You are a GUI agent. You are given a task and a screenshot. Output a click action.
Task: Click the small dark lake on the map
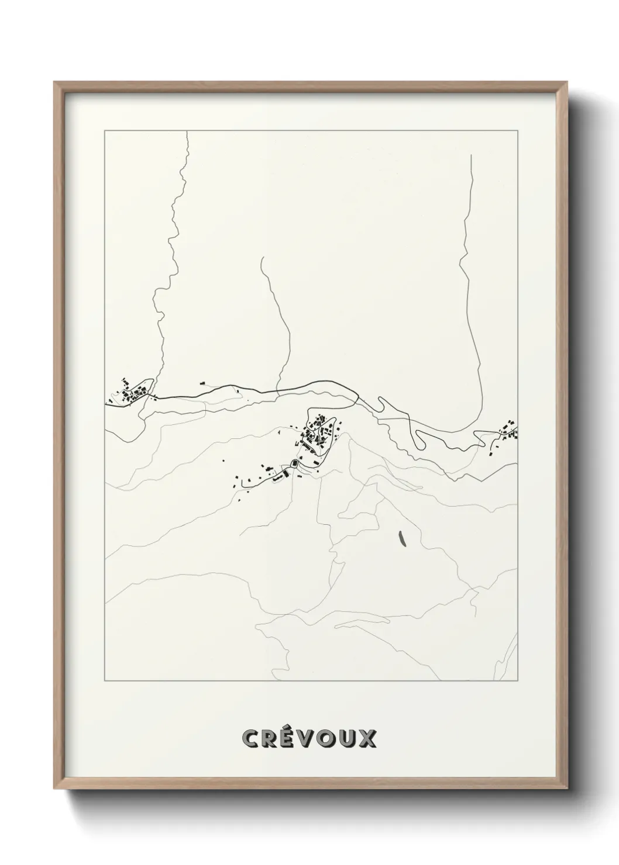coord(401,538)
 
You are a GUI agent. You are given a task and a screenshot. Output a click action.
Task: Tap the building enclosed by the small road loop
coord(294,463)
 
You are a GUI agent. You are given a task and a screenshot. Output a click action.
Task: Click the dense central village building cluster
coord(318,432)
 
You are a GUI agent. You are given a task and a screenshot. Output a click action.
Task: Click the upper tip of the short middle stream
coord(262,257)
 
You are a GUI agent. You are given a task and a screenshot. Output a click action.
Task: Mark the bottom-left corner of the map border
coord(105,681)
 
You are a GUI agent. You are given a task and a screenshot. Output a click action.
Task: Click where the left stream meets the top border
coord(187,132)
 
